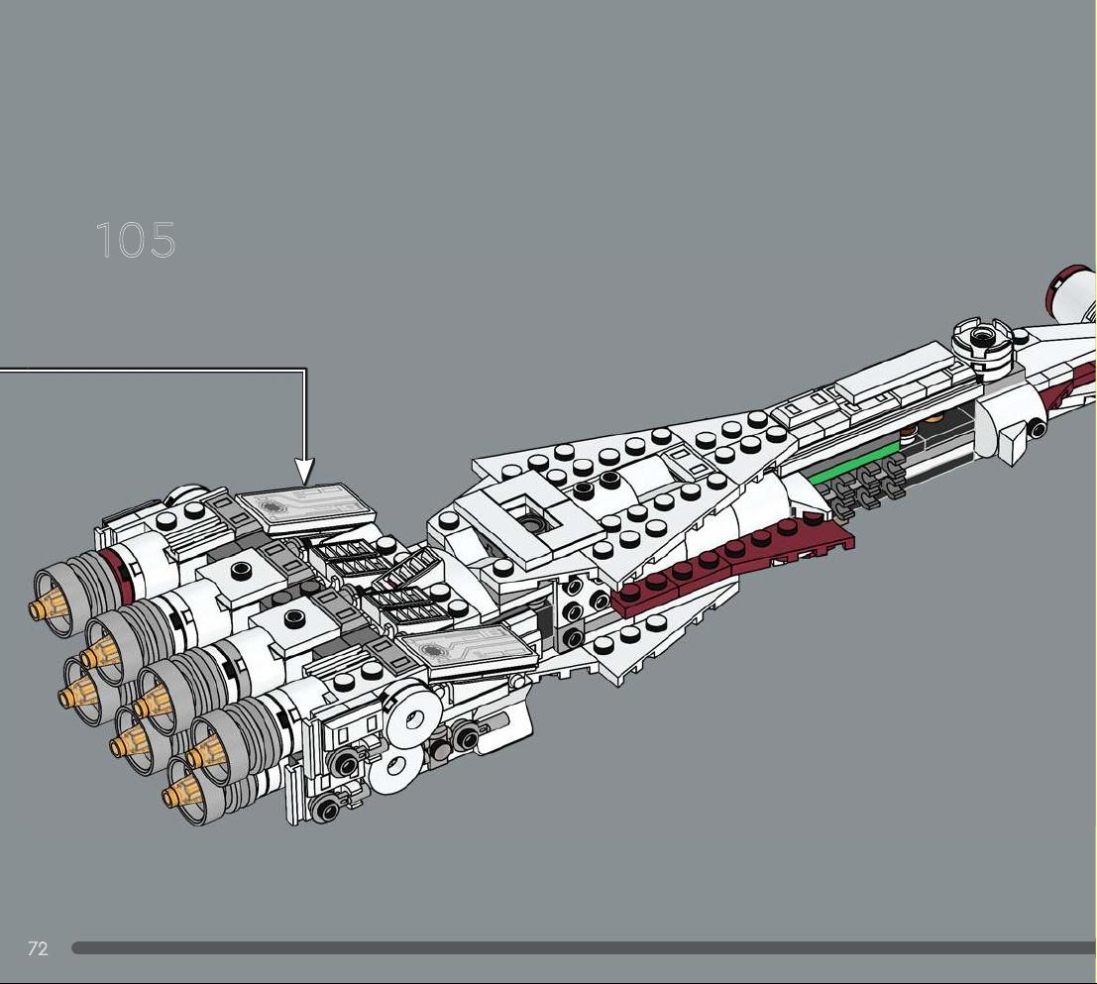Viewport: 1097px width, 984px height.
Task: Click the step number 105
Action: (x=136, y=240)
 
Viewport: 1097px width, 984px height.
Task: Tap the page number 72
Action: (x=38, y=948)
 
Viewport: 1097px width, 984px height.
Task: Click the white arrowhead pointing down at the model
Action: (x=304, y=471)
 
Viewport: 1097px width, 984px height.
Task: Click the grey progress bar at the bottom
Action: (x=584, y=948)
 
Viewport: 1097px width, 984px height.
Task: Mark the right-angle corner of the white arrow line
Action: (x=304, y=371)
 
